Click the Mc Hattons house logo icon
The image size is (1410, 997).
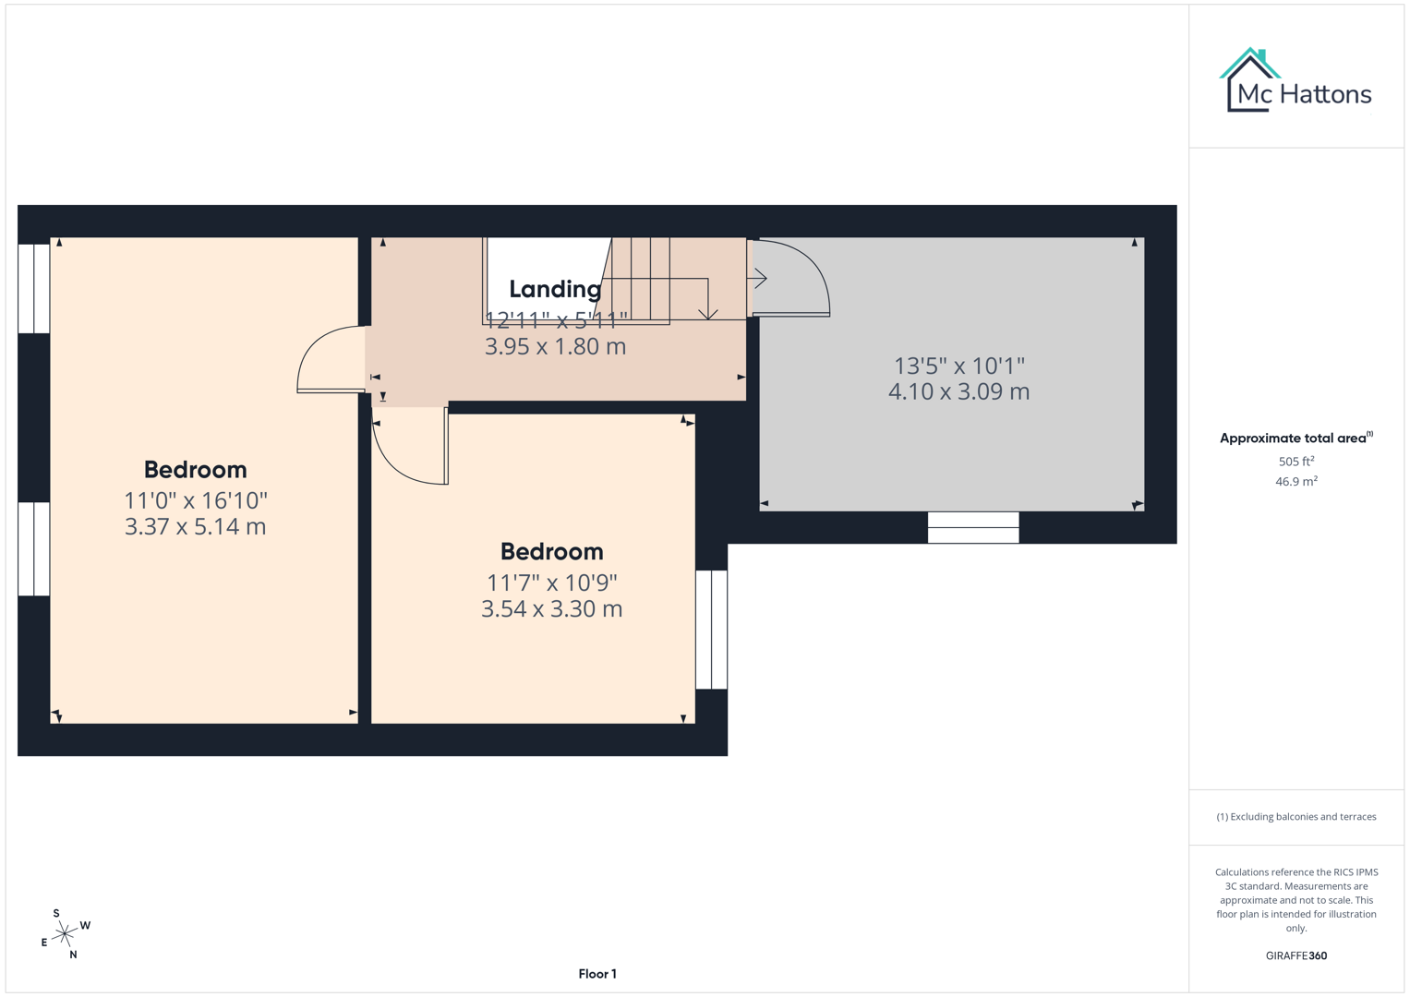pyautogui.click(x=1249, y=80)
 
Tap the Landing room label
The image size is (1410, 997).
pyautogui.click(x=555, y=289)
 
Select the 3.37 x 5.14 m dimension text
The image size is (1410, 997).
pyautogui.click(x=195, y=526)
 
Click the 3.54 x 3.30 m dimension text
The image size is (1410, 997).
pyautogui.click(x=551, y=608)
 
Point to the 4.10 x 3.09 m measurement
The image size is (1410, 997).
pyautogui.click(x=958, y=391)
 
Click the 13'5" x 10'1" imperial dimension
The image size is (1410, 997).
pyautogui.click(x=958, y=366)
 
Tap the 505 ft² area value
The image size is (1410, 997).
pyautogui.click(x=1296, y=461)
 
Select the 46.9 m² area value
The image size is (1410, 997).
pyautogui.click(x=1296, y=481)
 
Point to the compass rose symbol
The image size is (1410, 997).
pyautogui.click(x=64, y=934)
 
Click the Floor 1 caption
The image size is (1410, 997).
pyautogui.click(x=597, y=974)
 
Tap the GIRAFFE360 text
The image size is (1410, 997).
pyautogui.click(x=1296, y=955)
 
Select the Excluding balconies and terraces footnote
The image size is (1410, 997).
pyautogui.click(x=1296, y=816)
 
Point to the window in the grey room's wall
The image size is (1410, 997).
pyautogui.click(x=973, y=527)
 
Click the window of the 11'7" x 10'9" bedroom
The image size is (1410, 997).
pyautogui.click(x=711, y=630)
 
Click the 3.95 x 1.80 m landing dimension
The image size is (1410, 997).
pyautogui.click(x=555, y=346)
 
